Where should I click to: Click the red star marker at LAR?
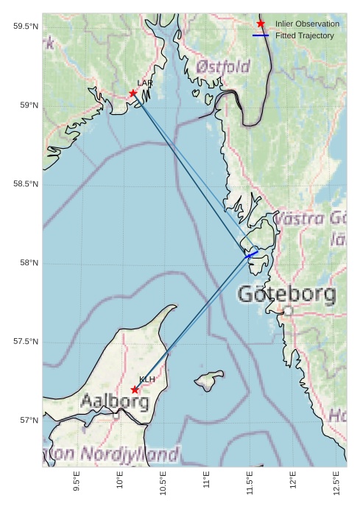click(x=133, y=94)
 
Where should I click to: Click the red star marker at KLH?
click(x=135, y=390)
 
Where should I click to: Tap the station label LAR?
click(x=144, y=83)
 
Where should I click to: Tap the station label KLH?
click(x=147, y=379)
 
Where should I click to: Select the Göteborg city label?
click(x=286, y=295)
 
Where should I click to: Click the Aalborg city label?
click(x=114, y=402)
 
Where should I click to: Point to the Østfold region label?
click(x=223, y=67)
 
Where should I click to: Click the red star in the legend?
click(x=261, y=24)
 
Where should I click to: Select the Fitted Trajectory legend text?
click(x=305, y=35)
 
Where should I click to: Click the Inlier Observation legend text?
click(x=307, y=24)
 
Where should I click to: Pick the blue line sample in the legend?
click(x=261, y=35)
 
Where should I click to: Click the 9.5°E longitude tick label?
click(x=77, y=482)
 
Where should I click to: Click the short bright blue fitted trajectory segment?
click(x=253, y=255)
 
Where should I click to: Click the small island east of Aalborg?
click(x=210, y=380)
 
